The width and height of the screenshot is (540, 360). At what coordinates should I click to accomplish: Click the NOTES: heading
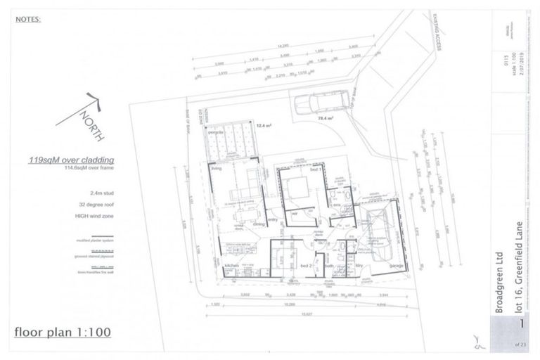[x=28, y=19]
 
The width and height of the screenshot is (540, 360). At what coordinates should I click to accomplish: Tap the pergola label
[x=216, y=132]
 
